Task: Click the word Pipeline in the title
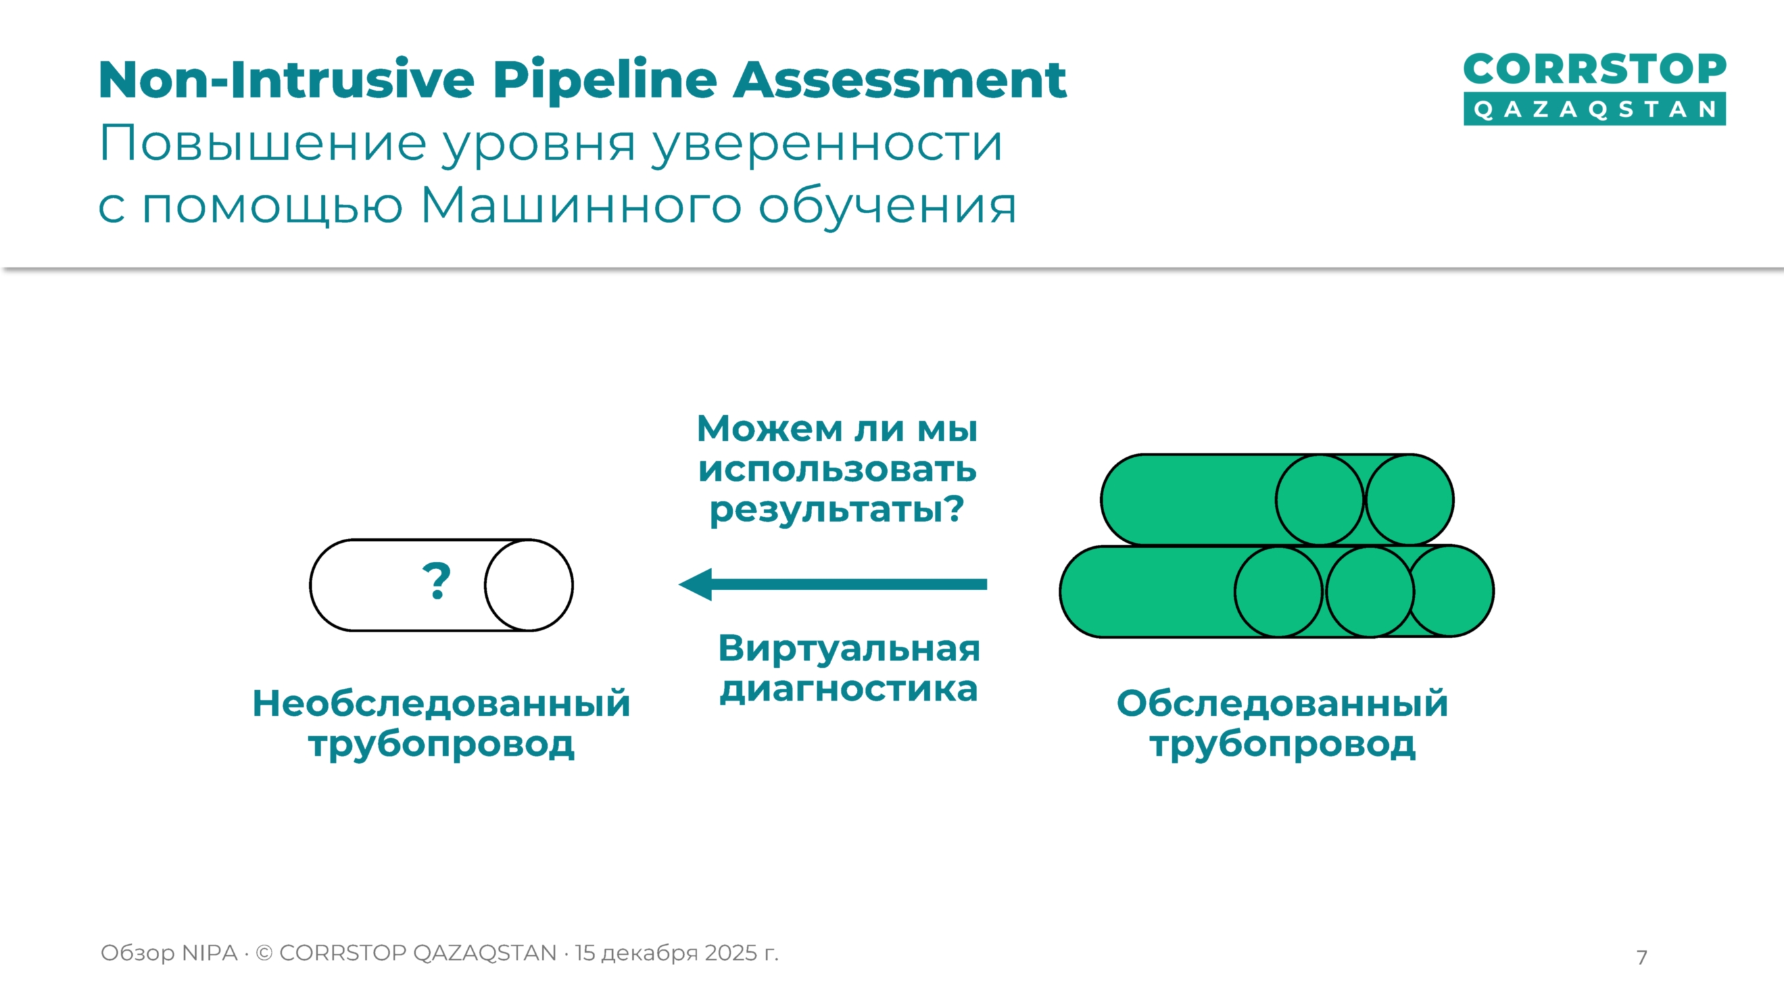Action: [x=604, y=81]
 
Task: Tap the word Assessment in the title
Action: [x=900, y=81]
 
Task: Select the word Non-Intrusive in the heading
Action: [x=286, y=81]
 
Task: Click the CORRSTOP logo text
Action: [x=1594, y=70]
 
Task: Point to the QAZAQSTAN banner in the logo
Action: [x=1594, y=110]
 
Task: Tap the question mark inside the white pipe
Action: [x=437, y=582]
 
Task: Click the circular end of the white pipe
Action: [x=529, y=586]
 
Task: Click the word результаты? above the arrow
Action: [x=836, y=510]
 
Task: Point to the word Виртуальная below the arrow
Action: [x=849, y=649]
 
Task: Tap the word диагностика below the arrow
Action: [x=849, y=690]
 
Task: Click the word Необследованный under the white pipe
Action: [x=441, y=703]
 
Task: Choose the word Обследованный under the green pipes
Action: [x=1282, y=703]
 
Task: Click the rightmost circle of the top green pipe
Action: [x=1409, y=499]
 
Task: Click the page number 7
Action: [x=1641, y=957]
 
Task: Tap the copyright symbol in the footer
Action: [x=264, y=953]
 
